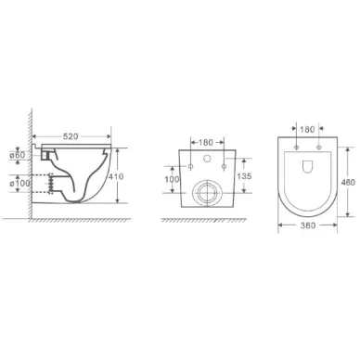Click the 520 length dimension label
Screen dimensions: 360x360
click(71, 136)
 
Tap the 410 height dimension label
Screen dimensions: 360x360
click(116, 176)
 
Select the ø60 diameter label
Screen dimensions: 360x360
click(18, 155)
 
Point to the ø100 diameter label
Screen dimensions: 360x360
click(20, 183)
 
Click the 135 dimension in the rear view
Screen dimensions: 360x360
click(244, 176)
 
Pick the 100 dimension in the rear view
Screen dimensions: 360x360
click(172, 179)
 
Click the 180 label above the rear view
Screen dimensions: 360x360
click(206, 143)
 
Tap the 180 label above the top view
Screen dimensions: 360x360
click(307, 130)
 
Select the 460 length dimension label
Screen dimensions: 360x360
click(348, 183)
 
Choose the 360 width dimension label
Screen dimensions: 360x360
click(308, 225)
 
